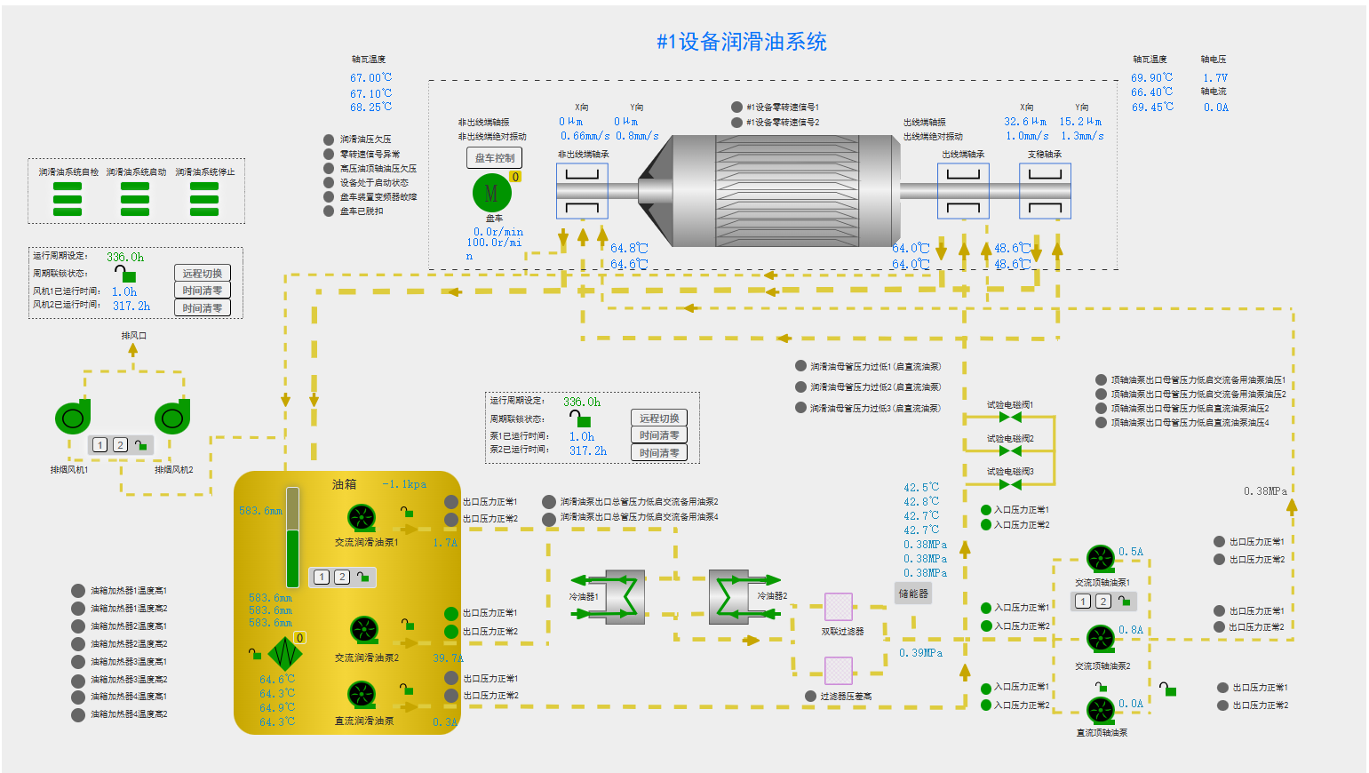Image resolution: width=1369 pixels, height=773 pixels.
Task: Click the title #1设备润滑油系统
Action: (x=741, y=42)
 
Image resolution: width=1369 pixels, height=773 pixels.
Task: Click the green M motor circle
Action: (x=491, y=193)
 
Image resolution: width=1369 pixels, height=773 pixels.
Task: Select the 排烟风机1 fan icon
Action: (x=73, y=418)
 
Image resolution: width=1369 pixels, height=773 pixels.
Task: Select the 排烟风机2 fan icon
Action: (x=172, y=418)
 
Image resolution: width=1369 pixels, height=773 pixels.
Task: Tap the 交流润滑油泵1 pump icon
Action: (x=362, y=517)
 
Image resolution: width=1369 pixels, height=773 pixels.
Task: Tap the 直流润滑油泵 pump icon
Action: (x=362, y=695)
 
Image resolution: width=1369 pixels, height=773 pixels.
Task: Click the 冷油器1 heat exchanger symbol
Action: (x=625, y=596)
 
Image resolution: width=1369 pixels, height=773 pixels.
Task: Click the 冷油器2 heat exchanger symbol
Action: (x=729, y=596)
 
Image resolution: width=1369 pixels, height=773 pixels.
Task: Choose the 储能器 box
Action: (x=913, y=594)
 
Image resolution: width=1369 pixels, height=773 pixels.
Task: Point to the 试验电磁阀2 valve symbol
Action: (x=1010, y=451)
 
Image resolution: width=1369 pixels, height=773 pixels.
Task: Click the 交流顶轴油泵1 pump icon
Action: (x=1101, y=559)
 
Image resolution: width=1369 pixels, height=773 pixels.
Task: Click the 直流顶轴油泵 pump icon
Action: (x=1101, y=710)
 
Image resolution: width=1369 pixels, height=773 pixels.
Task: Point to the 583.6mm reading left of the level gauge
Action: (x=260, y=511)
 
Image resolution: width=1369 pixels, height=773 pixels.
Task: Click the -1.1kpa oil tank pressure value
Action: (x=404, y=484)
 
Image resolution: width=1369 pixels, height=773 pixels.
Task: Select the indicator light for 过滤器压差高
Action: (x=810, y=697)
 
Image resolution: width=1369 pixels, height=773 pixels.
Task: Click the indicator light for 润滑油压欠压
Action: (x=329, y=139)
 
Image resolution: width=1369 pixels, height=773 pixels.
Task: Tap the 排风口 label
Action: (x=134, y=336)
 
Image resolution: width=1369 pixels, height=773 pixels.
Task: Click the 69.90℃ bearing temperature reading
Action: (x=1151, y=78)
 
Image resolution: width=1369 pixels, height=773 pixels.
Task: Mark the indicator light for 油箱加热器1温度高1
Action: (x=78, y=591)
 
